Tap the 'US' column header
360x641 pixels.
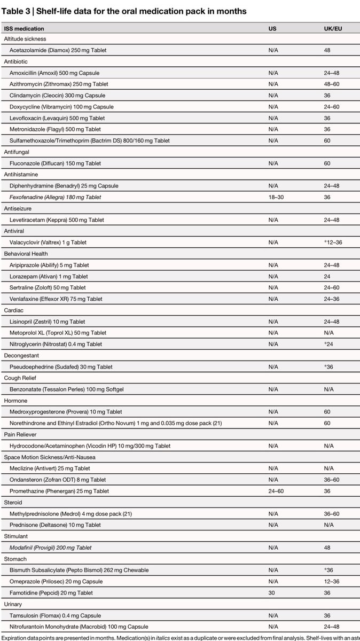click(x=272, y=28)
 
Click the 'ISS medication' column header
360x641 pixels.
click(x=24, y=28)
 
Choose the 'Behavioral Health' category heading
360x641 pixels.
click(x=26, y=254)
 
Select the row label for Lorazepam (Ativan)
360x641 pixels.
click(x=49, y=276)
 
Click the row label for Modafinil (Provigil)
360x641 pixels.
click(x=51, y=548)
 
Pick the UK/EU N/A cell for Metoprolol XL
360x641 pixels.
click(x=328, y=333)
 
